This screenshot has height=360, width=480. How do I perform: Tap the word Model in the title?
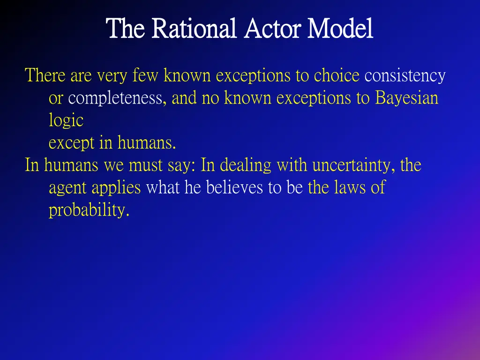340,29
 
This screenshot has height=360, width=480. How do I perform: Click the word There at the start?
45,75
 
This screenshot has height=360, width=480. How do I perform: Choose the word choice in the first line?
336,75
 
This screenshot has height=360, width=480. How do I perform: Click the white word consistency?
405,75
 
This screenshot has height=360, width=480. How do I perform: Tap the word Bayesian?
406,98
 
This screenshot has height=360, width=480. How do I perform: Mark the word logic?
66,121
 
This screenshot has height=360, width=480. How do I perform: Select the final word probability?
89,211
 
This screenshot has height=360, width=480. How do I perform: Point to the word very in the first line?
112,75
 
